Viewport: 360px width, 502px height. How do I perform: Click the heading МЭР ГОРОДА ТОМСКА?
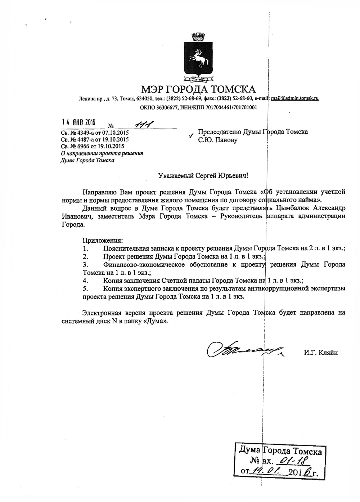pyautogui.click(x=198, y=89)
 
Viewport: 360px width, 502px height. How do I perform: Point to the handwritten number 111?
pyautogui.click(x=143, y=125)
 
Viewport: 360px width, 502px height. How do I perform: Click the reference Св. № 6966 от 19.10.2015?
pyautogui.click(x=93, y=146)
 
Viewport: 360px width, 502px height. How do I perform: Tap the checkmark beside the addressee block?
pyautogui.click(x=191, y=136)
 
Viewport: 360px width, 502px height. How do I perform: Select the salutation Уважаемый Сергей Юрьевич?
pyautogui.click(x=203, y=175)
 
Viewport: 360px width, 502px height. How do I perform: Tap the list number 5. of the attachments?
pyautogui.click(x=85, y=289)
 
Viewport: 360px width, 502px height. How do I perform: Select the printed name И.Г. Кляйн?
pyautogui.click(x=321, y=353)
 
